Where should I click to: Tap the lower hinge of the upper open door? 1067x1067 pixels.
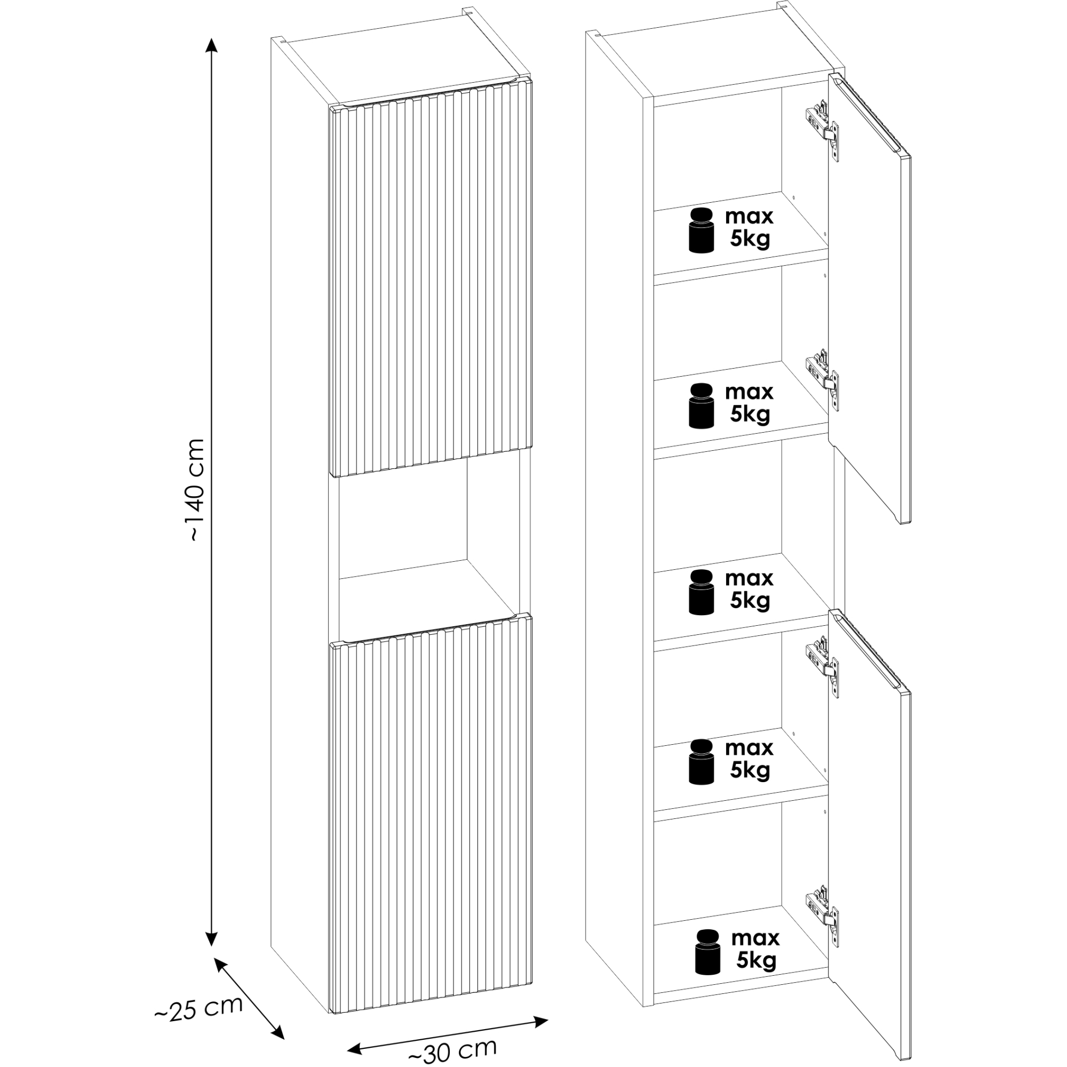point(822,380)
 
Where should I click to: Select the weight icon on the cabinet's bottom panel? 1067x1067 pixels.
point(707,952)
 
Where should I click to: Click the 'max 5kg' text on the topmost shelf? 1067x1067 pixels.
point(750,229)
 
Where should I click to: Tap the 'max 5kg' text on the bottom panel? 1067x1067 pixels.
point(755,950)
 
